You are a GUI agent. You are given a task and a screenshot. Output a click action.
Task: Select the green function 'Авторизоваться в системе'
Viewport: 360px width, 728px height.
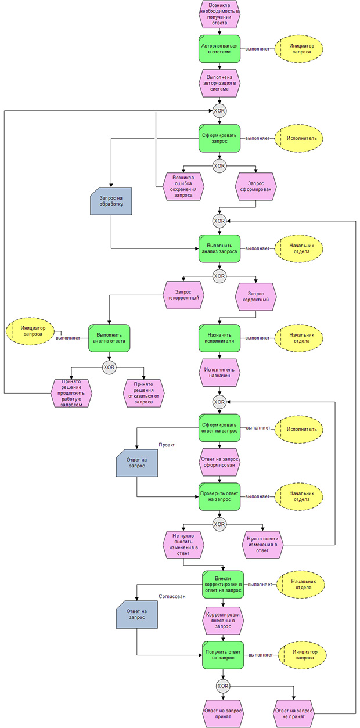tap(219, 48)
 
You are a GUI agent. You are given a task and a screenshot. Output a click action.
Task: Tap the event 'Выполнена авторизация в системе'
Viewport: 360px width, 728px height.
tap(219, 82)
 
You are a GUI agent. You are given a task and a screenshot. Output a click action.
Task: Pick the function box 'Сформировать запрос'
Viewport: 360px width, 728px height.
tap(219, 138)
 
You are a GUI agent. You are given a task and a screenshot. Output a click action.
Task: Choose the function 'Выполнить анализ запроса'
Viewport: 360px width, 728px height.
tap(219, 248)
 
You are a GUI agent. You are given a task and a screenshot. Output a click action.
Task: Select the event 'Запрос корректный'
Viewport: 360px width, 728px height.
tap(256, 297)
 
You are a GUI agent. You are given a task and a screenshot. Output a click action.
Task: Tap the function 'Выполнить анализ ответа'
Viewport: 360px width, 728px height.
tap(109, 338)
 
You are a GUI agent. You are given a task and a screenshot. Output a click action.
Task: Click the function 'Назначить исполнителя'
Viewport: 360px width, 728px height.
tap(219, 338)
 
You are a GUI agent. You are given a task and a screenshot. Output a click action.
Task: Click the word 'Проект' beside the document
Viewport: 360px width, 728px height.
tap(167, 445)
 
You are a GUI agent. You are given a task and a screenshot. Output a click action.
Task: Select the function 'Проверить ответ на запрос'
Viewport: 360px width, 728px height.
tap(219, 496)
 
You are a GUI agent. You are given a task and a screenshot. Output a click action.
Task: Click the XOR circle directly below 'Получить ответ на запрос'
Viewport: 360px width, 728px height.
tap(222, 686)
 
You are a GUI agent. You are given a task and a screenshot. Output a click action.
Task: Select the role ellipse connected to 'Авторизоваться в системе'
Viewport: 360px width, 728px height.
tap(298, 48)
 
